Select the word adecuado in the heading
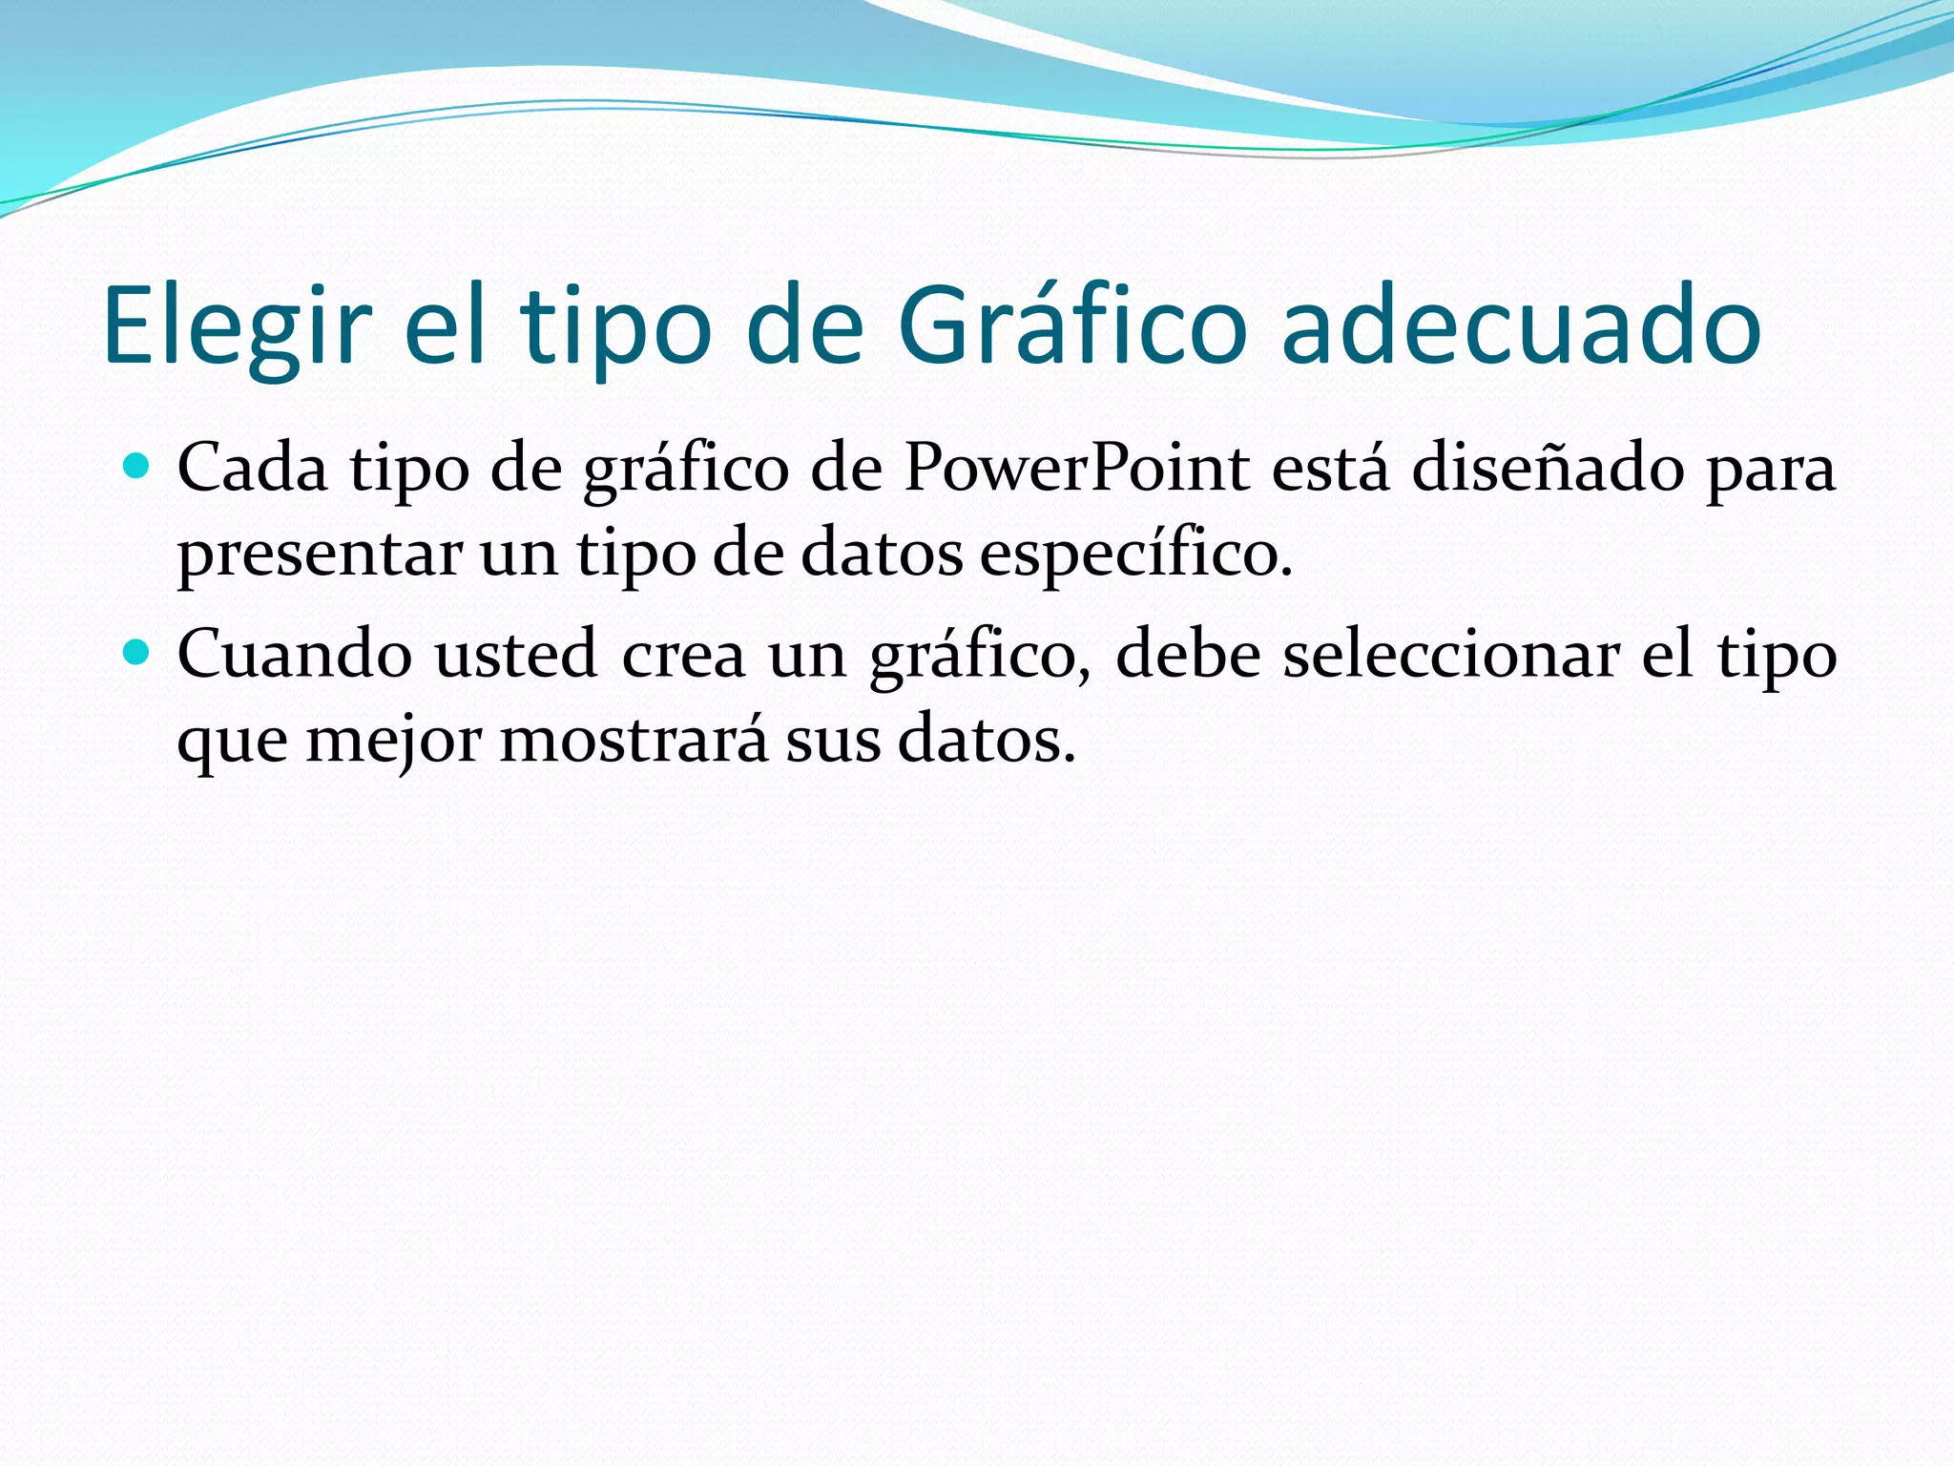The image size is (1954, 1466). pyautogui.click(x=1521, y=326)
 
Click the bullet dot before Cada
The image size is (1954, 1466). pyautogui.click(x=137, y=467)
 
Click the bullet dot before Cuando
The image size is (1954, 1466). pyautogui.click(x=137, y=653)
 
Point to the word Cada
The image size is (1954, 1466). pyautogui.click(x=253, y=469)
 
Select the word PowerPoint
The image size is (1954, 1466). pyautogui.click(x=1076, y=469)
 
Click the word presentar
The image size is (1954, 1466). pyautogui.click(x=320, y=555)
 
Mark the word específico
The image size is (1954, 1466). pyautogui.click(x=1134, y=555)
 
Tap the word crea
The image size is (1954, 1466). pyautogui.click(x=683, y=657)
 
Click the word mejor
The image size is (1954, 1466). pyautogui.click(x=393, y=741)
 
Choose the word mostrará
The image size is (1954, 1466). pyautogui.click(x=634, y=741)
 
